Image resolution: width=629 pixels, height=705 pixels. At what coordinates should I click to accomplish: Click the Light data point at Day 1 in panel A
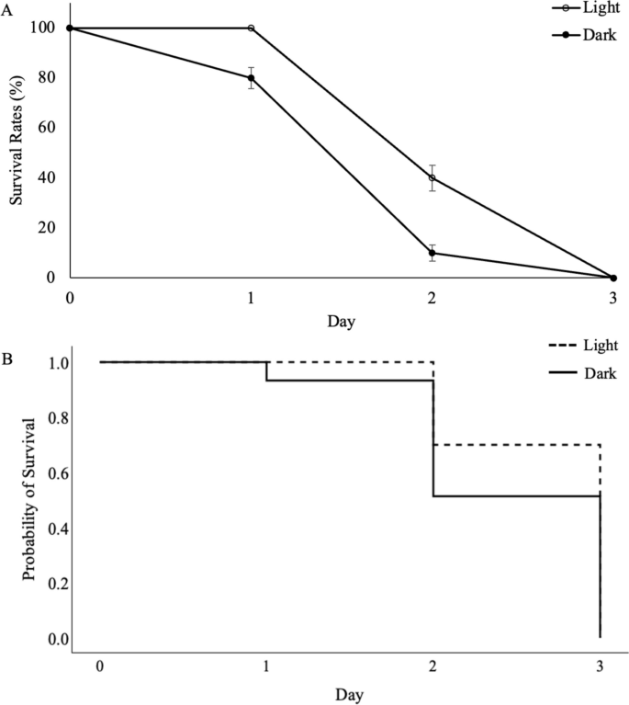pos(251,28)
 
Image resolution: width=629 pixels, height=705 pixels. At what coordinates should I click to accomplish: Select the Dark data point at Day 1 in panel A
pos(251,77)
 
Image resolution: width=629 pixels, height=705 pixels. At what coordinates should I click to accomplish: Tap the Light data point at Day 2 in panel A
pos(432,177)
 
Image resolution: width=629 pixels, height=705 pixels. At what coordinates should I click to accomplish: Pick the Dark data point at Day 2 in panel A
pos(432,253)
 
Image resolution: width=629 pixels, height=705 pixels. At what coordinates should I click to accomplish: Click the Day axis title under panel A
pos(341,323)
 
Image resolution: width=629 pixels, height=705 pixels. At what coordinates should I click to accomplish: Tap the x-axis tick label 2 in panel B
pos(432,665)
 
